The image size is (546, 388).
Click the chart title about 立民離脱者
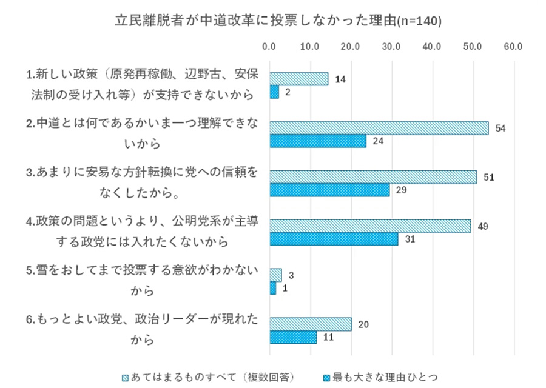(x=278, y=21)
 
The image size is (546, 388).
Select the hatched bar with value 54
(x=379, y=128)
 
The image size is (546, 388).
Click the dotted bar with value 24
(x=317, y=141)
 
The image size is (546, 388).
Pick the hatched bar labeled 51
(x=372, y=177)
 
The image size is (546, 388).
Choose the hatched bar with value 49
(x=369, y=226)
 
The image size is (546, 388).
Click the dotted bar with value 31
(x=333, y=239)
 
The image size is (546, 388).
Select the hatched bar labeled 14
(x=298, y=79)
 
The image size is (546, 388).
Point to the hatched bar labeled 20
(x=310, y=324)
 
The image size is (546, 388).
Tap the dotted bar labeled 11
(x=292, y=337)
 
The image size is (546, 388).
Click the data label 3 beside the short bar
(x=291, y=275)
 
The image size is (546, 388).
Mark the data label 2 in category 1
(x=288, y=93)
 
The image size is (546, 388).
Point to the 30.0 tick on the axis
(x=391, y=46)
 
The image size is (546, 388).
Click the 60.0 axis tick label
(x=513, y=46)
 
